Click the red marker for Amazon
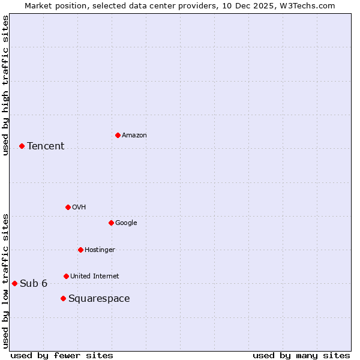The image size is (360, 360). pyautogui.click(x=118, y=135)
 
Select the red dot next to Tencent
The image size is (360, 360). pyautogui.click(x=22, y=146)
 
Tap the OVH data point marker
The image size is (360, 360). pyautogui.click(x=68, y=207)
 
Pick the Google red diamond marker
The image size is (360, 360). pyautogui.click(x=111, y=223)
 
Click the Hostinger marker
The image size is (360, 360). pyautogui.click(x=80, y=250)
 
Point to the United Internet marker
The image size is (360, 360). pyautogui.click(x=66, y=276)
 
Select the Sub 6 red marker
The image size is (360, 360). pyautogui.click(x=14, y=283)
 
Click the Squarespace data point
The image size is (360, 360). pyautogui.click(x=63, y=298)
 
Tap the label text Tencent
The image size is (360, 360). pyautogui.click(x=46, y=146)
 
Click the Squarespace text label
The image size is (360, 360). pyautogui.click(x=99, y=299)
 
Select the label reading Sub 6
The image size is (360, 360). pyautogui.click(x=34, y=284)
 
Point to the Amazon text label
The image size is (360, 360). pyautogui.click(x=134, y=136)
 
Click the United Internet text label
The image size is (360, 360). pyautogui.click(x=95, y=277)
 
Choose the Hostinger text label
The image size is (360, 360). pyautogui.click(x=100, y=250)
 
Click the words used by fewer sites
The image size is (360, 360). pyautogui.click(x=62, y=355)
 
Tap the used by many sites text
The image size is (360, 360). pyautogui.click(x=301, y=355)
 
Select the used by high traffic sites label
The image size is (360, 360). pyautogui.click(x=5, y=85)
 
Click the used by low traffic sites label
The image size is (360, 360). pyautogui.click(x=5, y=280)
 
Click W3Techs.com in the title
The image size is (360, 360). pyautogui.click(x=309, y=5)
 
